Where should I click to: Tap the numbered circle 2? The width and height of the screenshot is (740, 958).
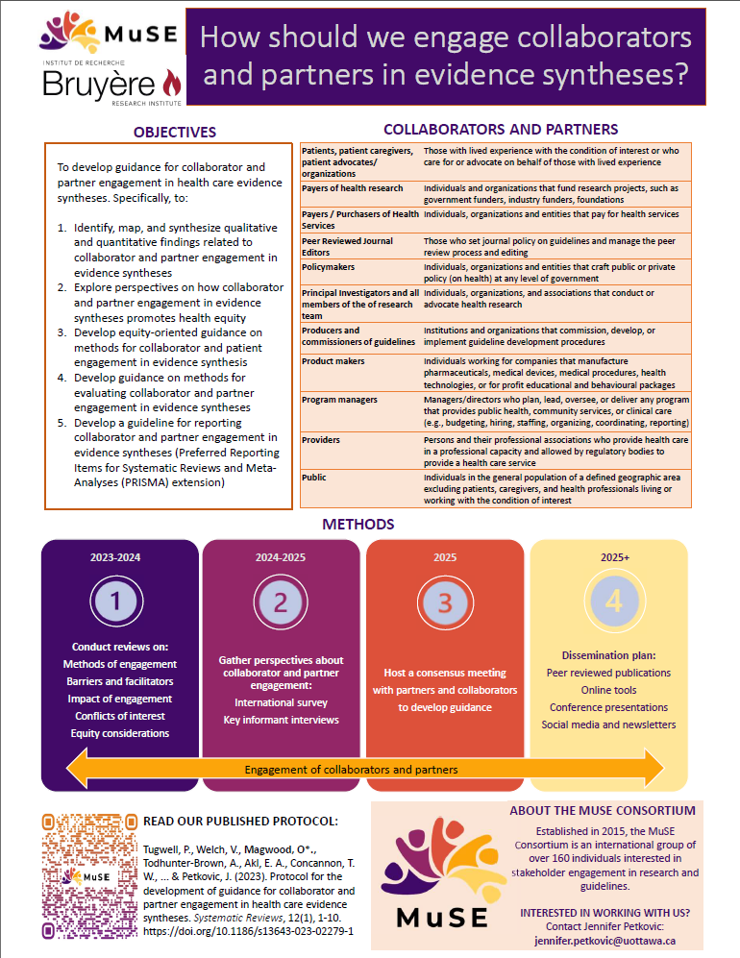pos(281,602)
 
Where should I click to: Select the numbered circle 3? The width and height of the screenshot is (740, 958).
pos(445,602)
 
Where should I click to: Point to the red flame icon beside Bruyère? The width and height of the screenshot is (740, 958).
pos(171,84)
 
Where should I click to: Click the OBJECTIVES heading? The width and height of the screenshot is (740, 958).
pos(175,132)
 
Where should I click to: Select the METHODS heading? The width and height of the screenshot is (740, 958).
pos(358,525)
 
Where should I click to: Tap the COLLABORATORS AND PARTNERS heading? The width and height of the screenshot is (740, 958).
pos(501,129)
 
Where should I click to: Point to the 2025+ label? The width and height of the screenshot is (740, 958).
pos(611,556)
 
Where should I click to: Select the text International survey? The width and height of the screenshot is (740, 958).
pos(281,702)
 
